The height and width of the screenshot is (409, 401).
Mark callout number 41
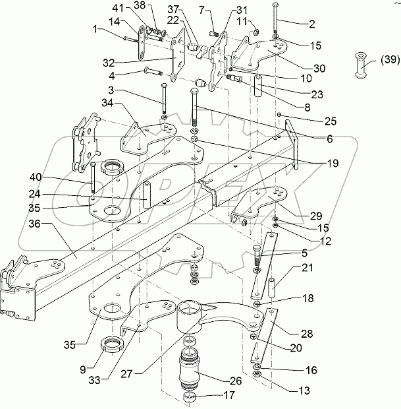click(x=136, y=7)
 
